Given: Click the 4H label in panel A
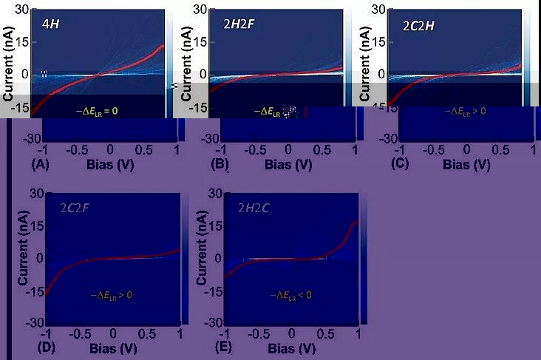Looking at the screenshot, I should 50,23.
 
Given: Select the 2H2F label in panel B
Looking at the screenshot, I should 238,23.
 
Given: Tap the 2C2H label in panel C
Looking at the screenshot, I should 419,23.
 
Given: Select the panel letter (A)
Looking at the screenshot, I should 40,164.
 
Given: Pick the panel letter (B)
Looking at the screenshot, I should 220,164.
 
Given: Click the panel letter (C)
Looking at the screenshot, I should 400,164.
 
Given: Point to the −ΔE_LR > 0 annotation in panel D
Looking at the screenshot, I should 108,295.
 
